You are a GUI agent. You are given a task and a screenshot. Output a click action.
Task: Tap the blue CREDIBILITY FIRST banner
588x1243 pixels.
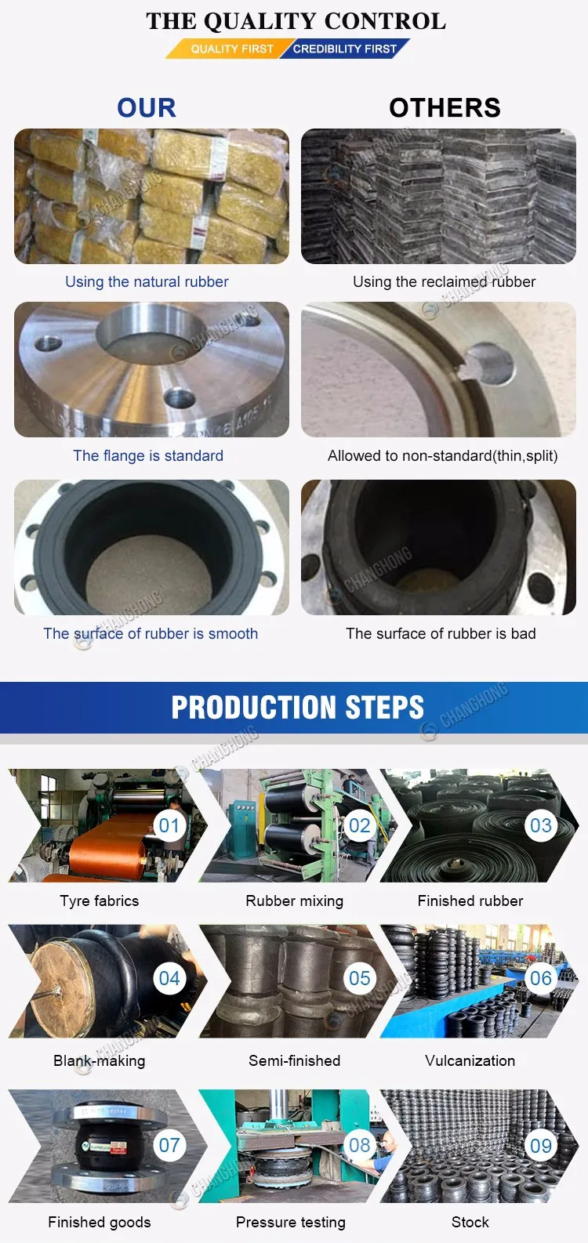click(x=346, y=49)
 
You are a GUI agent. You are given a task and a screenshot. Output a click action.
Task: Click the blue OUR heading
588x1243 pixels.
click(x=147, y=107)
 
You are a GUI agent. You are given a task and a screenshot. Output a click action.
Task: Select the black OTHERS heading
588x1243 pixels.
click(x=445, y=107)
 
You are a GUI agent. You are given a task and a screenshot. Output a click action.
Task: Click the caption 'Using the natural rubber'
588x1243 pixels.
click(x=147, y=282)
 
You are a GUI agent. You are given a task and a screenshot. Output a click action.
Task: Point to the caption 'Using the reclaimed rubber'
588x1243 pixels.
click(x=445, y=282)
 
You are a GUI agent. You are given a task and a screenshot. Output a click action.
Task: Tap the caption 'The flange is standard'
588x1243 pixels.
click(x=148, y=455)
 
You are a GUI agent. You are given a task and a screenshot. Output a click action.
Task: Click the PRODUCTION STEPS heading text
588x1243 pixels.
click(x=298, y=707)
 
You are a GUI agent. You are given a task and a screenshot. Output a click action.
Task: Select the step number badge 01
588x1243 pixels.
click(x=169, y=825)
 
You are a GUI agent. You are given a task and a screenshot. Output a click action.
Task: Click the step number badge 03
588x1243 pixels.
click(x=541, y=825)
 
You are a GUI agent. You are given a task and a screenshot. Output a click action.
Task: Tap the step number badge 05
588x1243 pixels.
click(x=359, y=978)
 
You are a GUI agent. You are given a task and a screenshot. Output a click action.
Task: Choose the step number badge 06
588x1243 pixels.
click(x=541, y=978)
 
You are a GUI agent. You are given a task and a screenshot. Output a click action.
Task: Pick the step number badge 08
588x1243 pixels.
click(x=359, y=1145)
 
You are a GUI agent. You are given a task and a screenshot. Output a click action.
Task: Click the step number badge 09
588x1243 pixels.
click(x=541, y=1145)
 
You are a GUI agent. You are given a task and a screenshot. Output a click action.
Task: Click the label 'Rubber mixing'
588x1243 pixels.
click(x=294, y=901)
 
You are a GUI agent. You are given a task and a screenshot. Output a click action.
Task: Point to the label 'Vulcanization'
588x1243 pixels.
click(x=470, y=1060)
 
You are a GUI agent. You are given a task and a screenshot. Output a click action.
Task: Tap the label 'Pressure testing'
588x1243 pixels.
click(x=290, y=1222)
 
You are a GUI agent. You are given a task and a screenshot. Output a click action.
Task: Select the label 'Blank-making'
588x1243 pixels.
click(x=100, y=1060)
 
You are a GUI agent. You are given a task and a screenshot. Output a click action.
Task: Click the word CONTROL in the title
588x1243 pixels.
click(x=385, y=21)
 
